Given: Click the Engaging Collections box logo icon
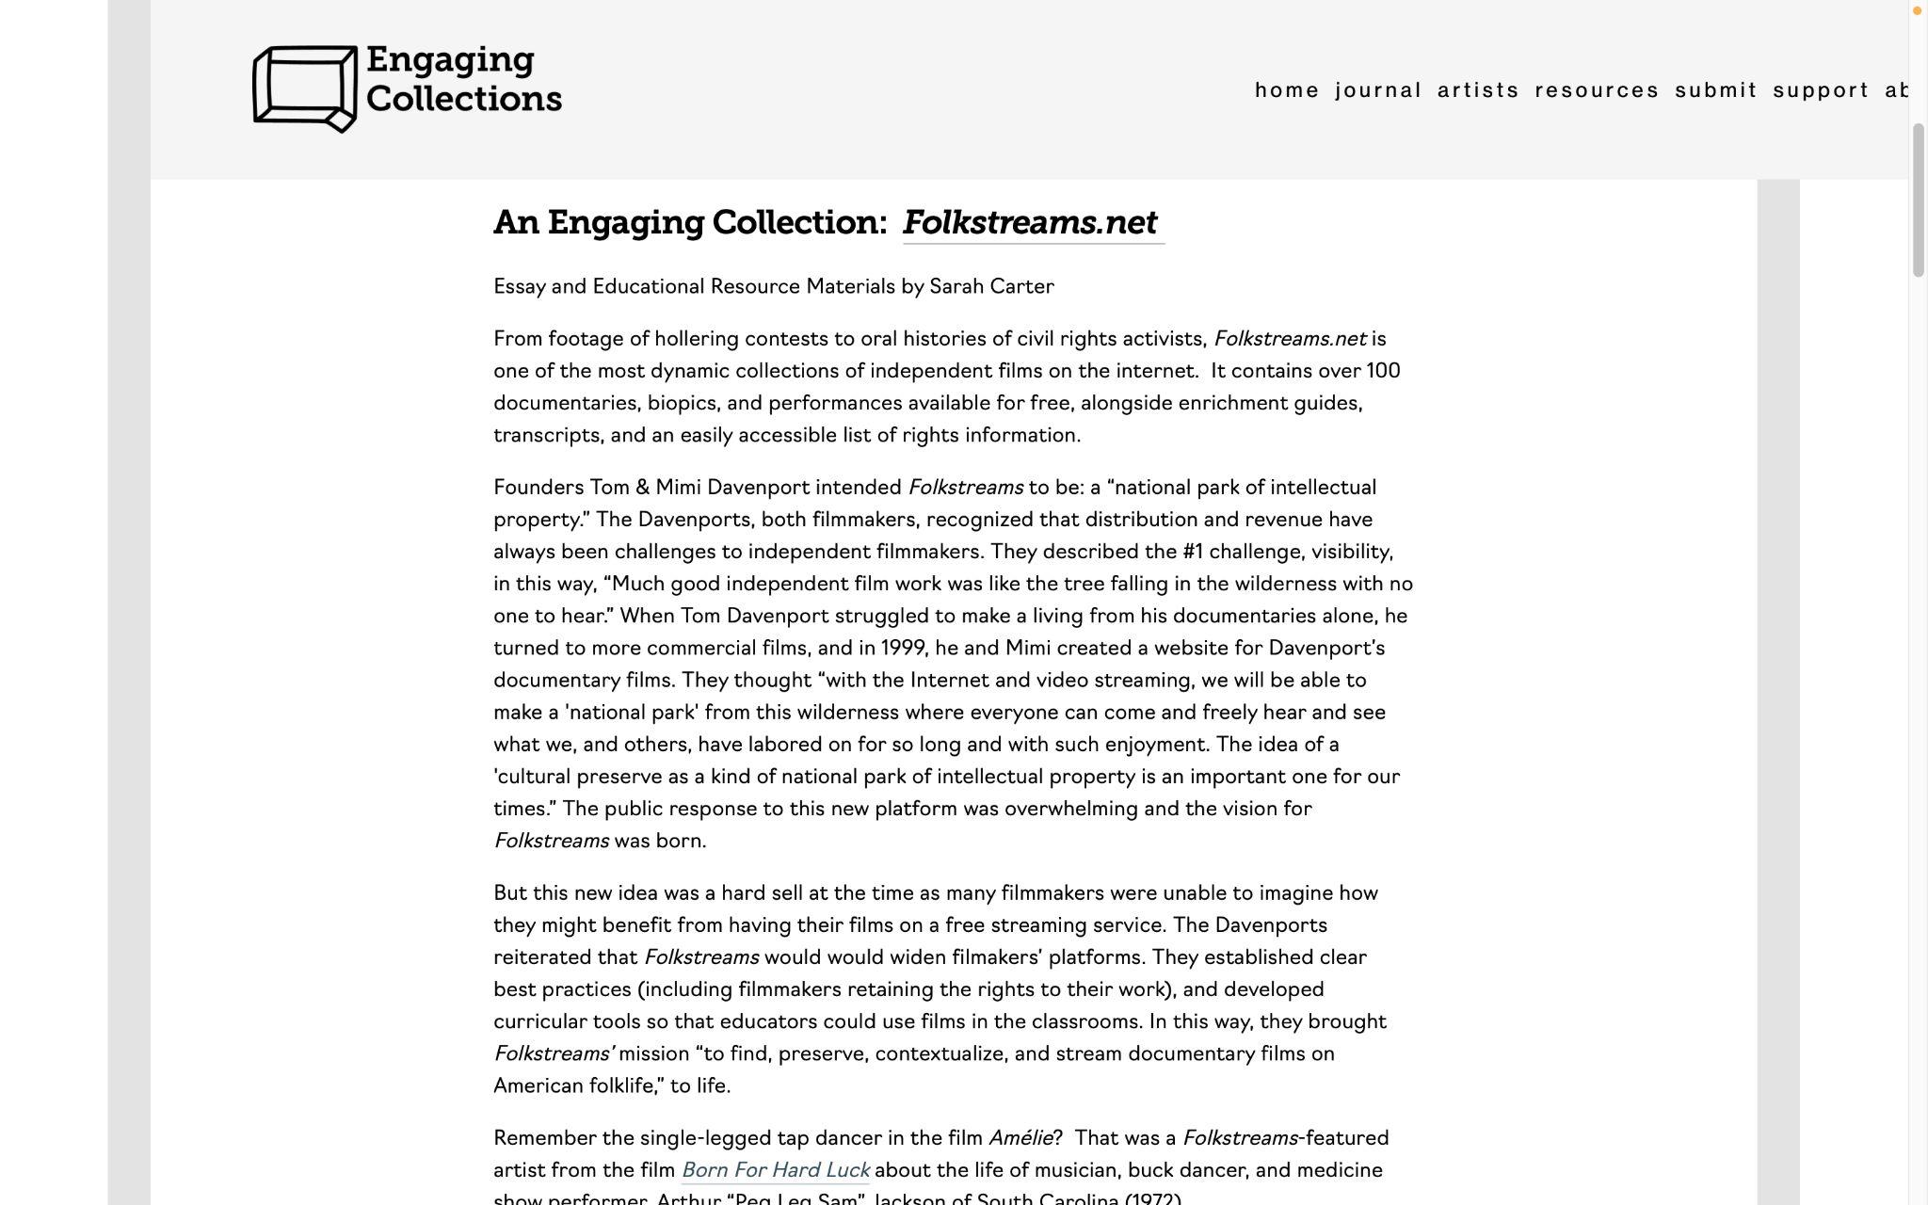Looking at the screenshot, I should click(x=304, y=88).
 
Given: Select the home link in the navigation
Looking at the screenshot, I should click(x=1287, y=90).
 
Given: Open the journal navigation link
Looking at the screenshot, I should click(x=1378, y=90).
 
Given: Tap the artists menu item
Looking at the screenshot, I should click(x=1478, y=90).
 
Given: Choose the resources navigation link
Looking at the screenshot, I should click(x=1597, y=90).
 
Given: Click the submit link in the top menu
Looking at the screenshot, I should click(x=1716, y=90).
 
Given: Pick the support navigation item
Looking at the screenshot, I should click(x=1821, y=90).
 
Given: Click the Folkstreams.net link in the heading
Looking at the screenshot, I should click(x=1031, y=223).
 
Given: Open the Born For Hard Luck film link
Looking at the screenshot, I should click(x=776, y=1170).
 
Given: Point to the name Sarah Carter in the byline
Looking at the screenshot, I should click(x=991, y=287).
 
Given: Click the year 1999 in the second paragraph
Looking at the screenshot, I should click(x=902, y=649).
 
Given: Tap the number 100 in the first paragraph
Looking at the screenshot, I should click(x=1383, y=371).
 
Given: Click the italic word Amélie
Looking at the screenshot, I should click(x=1020, y=1138).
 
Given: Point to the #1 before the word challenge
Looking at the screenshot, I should click(x=1192, y=552).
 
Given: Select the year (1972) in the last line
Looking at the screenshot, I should click(x=1152, y=1198).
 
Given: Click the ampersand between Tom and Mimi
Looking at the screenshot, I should click(x=643, y=488).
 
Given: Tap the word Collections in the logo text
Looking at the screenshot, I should click(x=463, y=99).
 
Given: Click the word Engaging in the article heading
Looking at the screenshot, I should click(x=624, y=223).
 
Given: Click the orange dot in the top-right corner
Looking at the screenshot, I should click(x=1916, y=10).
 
